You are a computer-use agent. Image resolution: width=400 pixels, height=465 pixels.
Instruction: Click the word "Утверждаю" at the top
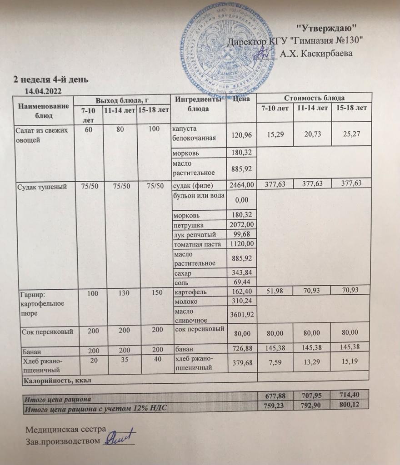(x=329, y=29)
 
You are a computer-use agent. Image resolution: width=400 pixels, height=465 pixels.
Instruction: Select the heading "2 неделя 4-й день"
(x=50, y=79)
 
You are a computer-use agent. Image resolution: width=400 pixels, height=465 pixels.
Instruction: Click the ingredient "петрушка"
(x=189, y=225)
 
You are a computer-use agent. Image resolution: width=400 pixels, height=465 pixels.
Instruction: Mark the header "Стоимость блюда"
(x=314, y=98)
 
